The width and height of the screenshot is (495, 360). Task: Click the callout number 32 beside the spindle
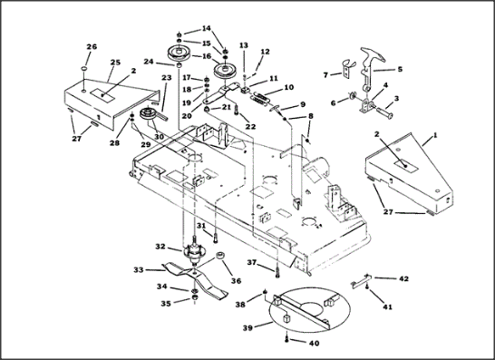160,247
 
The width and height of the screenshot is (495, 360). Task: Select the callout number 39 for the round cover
247,327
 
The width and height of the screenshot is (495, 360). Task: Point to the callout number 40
315,343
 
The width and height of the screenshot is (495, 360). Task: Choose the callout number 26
92,47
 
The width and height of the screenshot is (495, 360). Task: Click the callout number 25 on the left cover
115,63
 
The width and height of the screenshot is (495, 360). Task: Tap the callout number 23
167,77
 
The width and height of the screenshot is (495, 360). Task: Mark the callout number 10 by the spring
289,87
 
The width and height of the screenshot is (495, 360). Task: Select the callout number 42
403,278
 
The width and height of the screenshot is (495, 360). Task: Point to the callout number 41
387,306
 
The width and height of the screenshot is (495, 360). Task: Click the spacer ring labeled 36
219,255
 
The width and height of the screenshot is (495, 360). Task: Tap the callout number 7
326,75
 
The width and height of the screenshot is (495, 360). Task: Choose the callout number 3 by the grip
396,98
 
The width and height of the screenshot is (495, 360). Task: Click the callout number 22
250,127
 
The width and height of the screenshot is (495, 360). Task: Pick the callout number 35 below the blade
166,304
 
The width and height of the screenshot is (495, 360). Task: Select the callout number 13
244,45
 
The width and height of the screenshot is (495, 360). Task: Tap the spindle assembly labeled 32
193,251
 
